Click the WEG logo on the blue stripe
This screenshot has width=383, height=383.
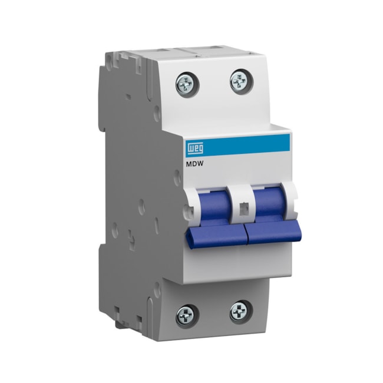[x=195, y=148]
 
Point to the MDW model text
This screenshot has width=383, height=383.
[x=194, y=164]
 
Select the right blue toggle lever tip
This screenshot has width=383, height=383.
[x=273, y=232]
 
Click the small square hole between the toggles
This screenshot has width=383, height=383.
[x=243, y=209]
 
